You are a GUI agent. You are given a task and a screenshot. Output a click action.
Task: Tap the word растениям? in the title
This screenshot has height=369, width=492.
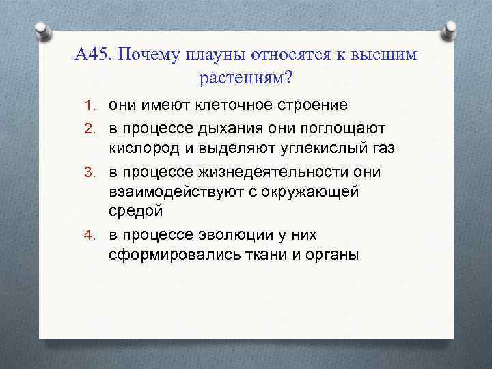click(246, 79)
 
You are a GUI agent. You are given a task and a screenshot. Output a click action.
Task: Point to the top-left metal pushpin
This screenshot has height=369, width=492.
click(42, 30)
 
